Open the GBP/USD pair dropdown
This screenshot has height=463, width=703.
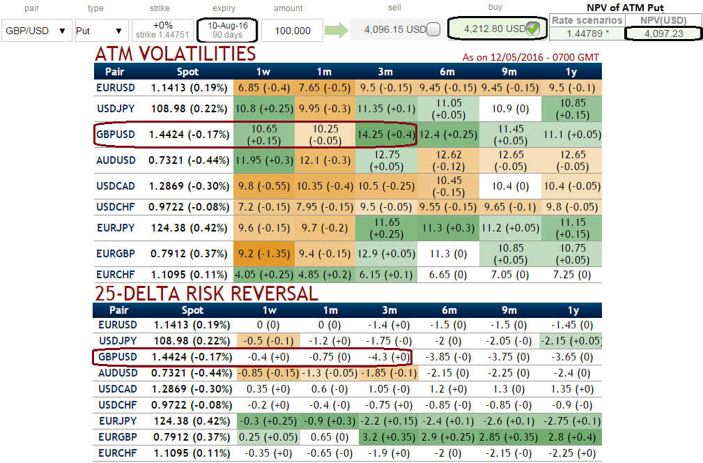[36, 31]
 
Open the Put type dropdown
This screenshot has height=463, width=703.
[100, 31]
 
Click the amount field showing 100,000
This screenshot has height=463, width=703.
[292, 31]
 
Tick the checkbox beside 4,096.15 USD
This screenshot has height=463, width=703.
[433, 30]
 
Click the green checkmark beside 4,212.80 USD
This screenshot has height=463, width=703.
[533, 29]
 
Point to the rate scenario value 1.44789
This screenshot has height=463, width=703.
[586, 33]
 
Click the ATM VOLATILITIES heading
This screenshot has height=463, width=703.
[175, 54]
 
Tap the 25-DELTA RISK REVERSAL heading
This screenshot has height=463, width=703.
[206, 294]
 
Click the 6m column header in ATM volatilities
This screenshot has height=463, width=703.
[447, 71]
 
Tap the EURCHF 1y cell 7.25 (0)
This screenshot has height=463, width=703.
[572, 275]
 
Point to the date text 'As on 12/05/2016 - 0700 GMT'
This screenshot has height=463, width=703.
[530, 57]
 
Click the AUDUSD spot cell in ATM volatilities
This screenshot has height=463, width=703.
[188, 160]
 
